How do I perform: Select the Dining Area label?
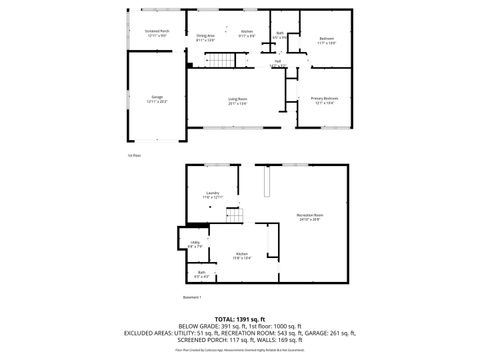pos(206,34)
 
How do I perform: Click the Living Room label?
pos(238,100)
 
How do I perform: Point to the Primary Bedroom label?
pos(324,99)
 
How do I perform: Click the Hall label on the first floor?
pos(277,62)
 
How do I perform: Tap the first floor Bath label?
pos(280,35)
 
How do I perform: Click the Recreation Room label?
pos(310,216)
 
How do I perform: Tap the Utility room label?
pos(195,244)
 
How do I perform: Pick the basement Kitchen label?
pos(241,256)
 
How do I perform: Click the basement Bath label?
pos(201,274)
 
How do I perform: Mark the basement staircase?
pos(235,216)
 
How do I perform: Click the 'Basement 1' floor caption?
pos(193,297)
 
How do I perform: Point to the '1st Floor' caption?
pos(135,156)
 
